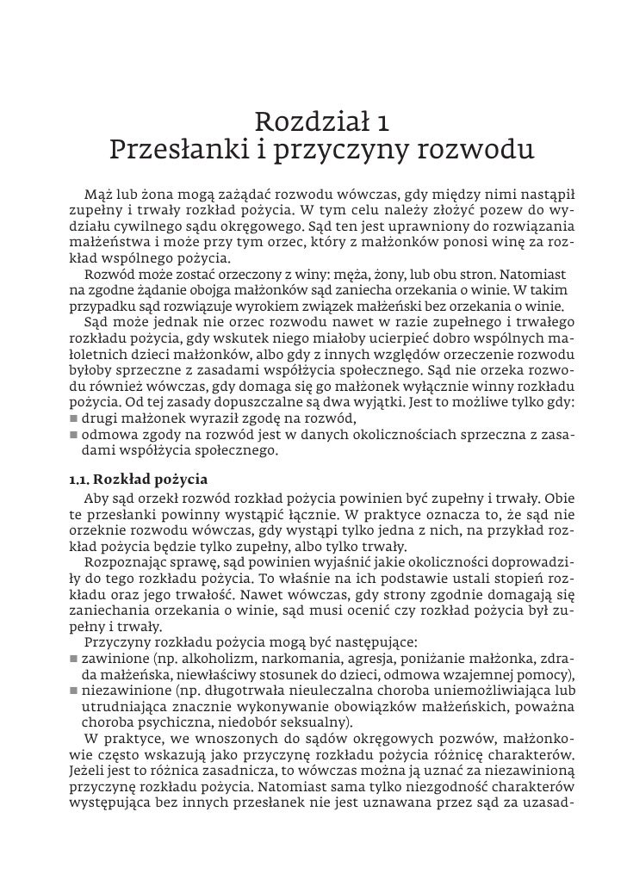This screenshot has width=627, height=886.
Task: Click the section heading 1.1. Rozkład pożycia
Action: tap(138, 478)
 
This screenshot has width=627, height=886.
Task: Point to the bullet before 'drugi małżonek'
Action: tap(73, 418)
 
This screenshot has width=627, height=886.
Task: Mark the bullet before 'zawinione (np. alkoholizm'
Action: tap(73, 660)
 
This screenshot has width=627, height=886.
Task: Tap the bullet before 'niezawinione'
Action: tap(73, 691)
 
